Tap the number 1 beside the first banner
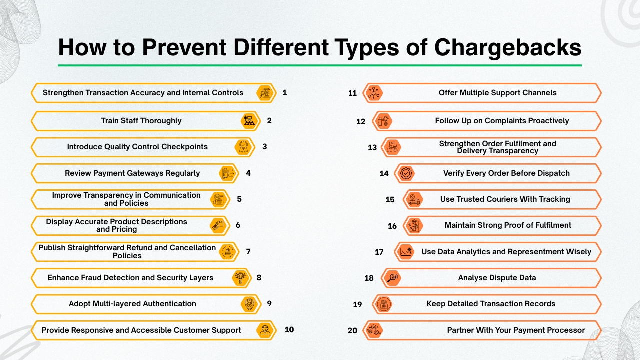coord(285,92)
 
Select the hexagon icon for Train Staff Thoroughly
coord(248,121)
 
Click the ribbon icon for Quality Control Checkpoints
coord(242,147)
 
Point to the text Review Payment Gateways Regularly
coord(132,173)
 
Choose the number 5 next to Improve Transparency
coord(239,199)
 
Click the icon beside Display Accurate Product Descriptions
coord(217,225)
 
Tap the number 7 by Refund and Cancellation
coord(248,251)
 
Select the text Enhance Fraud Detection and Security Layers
coord(130,277)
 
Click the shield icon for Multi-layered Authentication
coord(248,304)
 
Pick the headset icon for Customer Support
coord(264,330)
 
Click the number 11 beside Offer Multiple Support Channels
coord(353,93)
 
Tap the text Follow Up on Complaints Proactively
coord(502,121)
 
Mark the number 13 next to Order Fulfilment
coord(372,147)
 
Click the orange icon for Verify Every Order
coord(405,173)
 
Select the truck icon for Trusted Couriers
coord(414,199)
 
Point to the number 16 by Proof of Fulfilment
coord(392,226)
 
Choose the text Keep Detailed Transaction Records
coord(491,304)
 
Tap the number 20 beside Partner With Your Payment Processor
coord(352,330)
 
